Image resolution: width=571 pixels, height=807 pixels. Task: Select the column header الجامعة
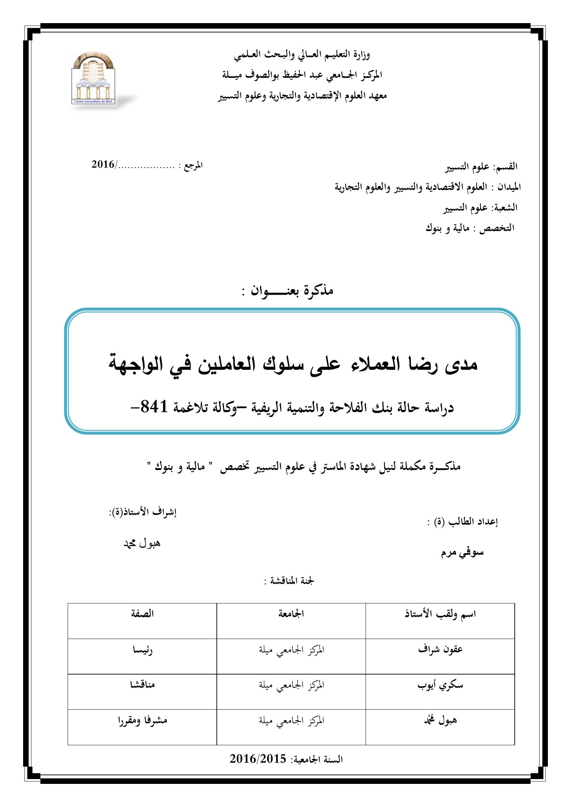coord(291,614)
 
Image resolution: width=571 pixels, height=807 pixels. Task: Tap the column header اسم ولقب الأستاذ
coord(440,614)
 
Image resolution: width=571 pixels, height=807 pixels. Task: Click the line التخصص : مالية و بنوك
coord(470,228)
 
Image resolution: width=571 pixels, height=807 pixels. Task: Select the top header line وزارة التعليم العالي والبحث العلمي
coord(302,55)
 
